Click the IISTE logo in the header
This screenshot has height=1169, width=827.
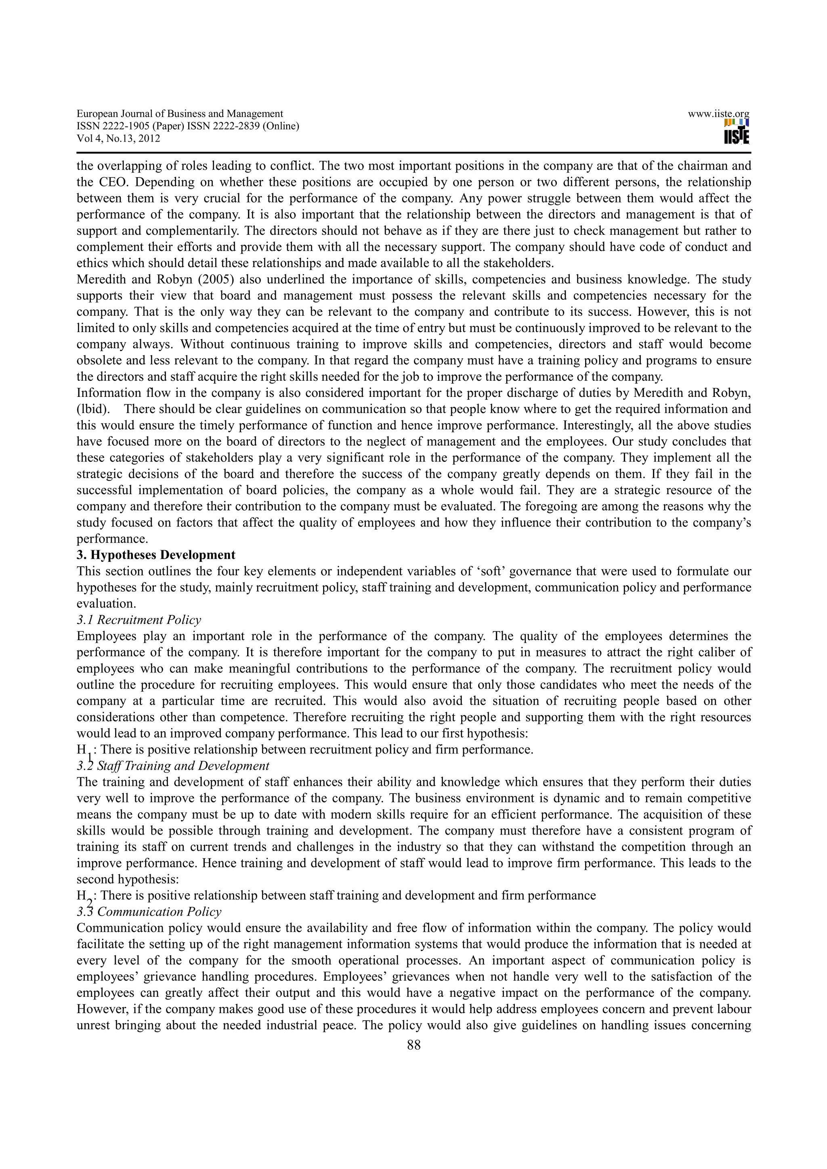736,132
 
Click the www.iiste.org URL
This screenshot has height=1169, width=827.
718,114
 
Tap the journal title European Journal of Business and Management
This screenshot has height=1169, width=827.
179,114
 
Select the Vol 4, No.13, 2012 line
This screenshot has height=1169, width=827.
118,138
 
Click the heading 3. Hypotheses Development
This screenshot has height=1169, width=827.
156,555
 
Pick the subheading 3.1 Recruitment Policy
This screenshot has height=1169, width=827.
139,620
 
